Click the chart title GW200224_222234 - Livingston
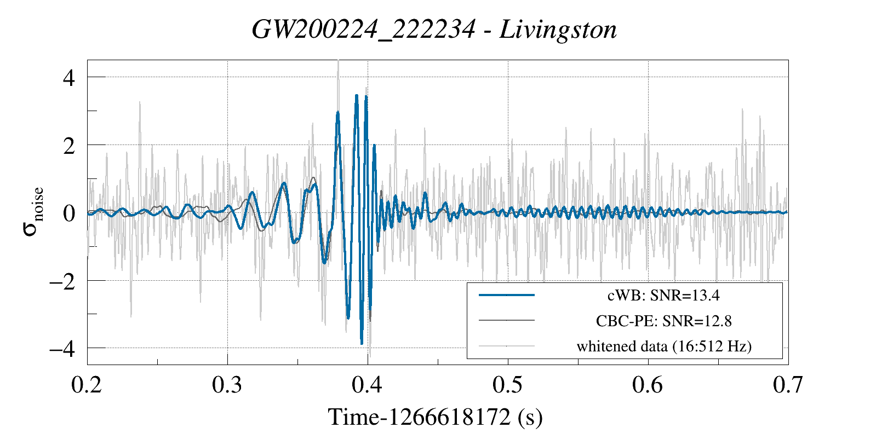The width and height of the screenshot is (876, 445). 434,30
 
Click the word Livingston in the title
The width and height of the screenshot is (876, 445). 558,30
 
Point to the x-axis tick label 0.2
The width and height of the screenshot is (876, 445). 87,385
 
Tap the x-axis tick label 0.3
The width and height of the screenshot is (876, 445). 227,385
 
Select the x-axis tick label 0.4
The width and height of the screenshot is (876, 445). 367,385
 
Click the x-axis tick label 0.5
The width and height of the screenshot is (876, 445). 507,385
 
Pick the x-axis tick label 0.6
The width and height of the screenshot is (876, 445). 648,385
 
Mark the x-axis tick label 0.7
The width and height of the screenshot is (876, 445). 788,385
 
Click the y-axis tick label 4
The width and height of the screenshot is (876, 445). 69,78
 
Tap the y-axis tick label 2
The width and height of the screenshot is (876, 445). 69,146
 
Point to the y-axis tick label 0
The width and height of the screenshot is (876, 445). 69,213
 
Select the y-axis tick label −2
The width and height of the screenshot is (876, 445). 62,281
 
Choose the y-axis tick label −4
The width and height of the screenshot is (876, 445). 62,349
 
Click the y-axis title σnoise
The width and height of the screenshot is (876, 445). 33,212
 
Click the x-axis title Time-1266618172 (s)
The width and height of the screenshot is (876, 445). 436,417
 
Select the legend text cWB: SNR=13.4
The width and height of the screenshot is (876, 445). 663,296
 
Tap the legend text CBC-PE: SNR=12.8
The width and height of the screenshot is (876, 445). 663,321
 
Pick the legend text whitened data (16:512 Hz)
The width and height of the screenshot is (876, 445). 664,346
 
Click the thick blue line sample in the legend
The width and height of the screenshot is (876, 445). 506,295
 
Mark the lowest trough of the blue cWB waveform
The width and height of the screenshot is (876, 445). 362,344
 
